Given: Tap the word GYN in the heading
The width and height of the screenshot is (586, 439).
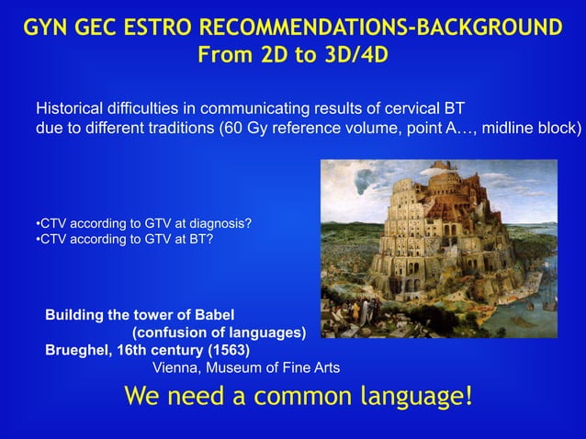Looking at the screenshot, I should [50, 28].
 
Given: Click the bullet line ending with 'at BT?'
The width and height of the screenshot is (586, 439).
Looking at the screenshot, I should [123, 241].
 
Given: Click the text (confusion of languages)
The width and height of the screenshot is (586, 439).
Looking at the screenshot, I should [220, 332].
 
